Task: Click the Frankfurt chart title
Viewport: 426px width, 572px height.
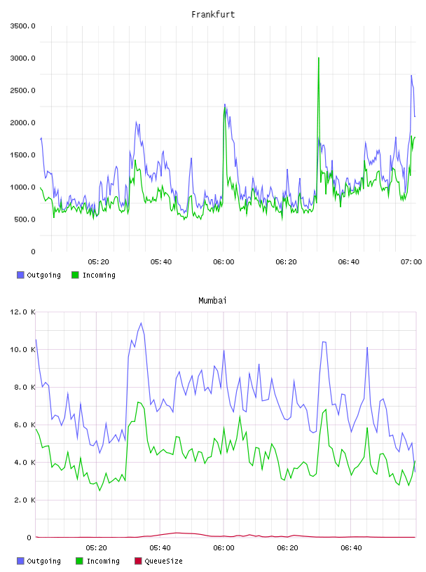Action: pos(213,15)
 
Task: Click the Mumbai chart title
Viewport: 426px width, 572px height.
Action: pos(212,301)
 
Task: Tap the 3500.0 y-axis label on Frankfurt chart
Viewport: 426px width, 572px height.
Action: pos(22,26)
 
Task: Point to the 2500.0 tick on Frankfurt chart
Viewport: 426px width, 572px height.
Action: pos(22,90)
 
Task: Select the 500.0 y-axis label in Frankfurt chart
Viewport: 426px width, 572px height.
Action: pos(25,219)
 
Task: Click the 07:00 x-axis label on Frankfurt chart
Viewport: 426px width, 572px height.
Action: pos(411,262)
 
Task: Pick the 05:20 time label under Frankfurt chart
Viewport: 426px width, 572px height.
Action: pos(99,262)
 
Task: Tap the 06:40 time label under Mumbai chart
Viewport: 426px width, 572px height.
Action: pos(351,548)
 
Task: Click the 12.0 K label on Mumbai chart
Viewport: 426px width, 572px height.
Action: pos(22,312)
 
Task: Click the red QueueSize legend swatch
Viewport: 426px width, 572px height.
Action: pos(138,561)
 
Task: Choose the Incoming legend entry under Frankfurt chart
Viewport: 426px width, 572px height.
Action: pos(94,275)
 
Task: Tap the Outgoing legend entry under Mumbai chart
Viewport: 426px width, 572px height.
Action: pos(39,561)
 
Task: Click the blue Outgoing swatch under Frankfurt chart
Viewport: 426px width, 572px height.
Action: pos(20,275)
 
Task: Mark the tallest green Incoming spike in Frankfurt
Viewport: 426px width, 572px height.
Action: pos(319,58)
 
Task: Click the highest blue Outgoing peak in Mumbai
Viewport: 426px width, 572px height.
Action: pos(141,323)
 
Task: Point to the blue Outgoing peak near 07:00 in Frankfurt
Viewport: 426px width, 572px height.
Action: pos(411,76)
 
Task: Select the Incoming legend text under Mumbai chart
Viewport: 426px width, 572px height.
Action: pos(103,561)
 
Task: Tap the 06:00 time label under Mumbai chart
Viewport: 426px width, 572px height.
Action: pos(224,548)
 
